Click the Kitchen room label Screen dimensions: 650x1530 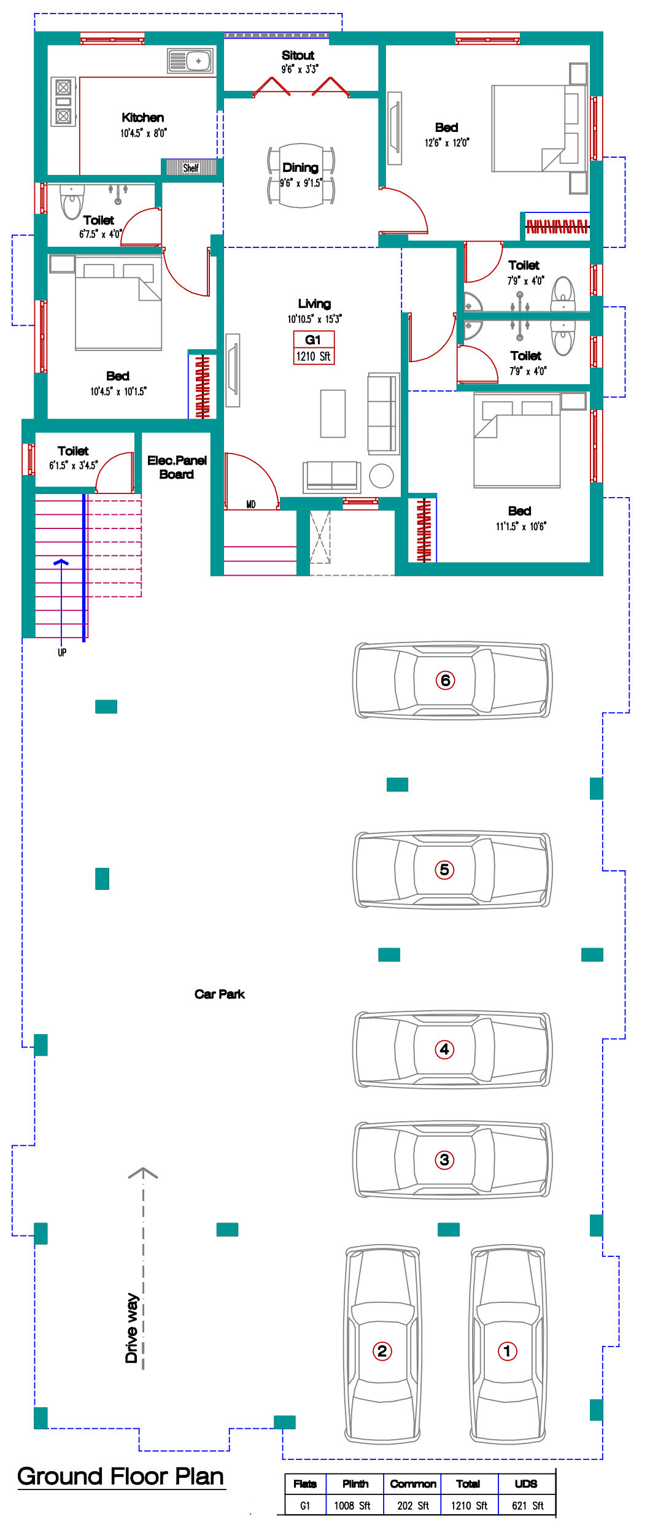click(x=143, y=117)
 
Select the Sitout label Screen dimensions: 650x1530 click(x=298, y=55)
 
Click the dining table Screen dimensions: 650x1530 click(x=301, y=176)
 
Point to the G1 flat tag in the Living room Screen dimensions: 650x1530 click(x=314, y=348)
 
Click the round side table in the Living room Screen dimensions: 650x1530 click(x=381, y=476)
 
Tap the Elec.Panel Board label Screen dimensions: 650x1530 click(x=177, y=467)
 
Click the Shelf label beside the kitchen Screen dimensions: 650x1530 click(x=191, y=168)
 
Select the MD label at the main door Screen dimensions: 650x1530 click(x=251, y=504)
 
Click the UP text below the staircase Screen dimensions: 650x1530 click(x=62, y=652)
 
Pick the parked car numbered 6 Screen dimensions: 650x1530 click(x=452, y=680)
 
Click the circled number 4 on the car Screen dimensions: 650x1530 click(x=444, y=1049)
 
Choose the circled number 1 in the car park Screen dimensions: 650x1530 click(x=507, y=1351)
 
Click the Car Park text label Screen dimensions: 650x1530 click(x=220, y=994)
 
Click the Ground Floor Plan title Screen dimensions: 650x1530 click(x=121, y=1476)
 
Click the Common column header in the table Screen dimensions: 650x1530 click(x=413, y=1483)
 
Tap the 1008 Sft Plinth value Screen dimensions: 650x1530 click(x=352, y=1505)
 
